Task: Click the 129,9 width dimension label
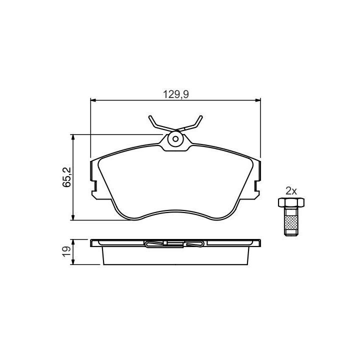click(176, 94)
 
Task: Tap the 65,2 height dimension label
click(67, 177)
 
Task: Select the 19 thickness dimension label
click(67, 251)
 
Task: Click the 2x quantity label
click(291, 191)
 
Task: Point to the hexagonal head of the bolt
click(291, 202)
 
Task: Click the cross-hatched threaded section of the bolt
click(291, 222)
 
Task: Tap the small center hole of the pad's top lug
click(175, 139)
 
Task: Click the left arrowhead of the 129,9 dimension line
click(93, 100)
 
